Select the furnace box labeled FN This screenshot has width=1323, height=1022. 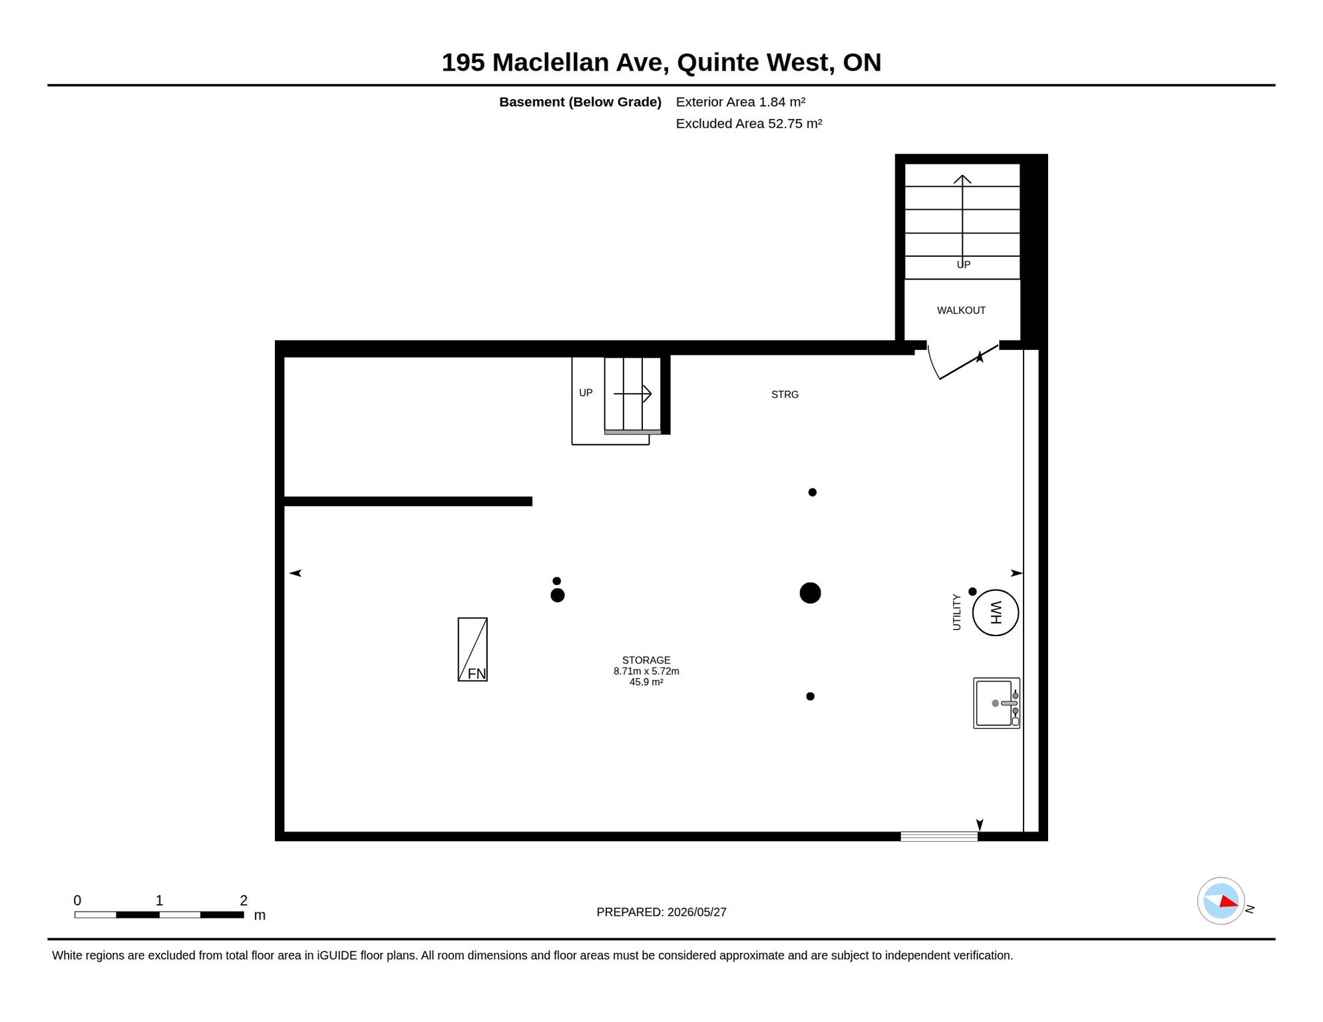[472, 649]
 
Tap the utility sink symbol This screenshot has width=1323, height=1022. [996, 703]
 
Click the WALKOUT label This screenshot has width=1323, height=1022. [961, 310]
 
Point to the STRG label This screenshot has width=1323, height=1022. [785, 395]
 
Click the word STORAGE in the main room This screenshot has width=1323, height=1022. [646, 660]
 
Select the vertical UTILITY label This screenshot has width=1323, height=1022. [956, 612]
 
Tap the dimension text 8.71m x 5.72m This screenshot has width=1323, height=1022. [646, 671]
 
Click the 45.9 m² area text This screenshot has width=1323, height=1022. [646, 682]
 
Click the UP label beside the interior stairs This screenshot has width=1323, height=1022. [586, 393]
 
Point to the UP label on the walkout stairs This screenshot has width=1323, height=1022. [964, 264]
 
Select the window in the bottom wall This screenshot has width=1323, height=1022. [939, 836]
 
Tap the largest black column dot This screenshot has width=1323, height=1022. [810, 593]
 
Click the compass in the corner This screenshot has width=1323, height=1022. [1221, 901]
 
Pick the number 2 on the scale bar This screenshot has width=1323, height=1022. [244, 900]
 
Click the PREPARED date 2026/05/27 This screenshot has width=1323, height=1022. [697, 912]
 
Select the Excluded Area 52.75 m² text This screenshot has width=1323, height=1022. [749, 124]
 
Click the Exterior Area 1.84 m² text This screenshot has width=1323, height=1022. [741, 102]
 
